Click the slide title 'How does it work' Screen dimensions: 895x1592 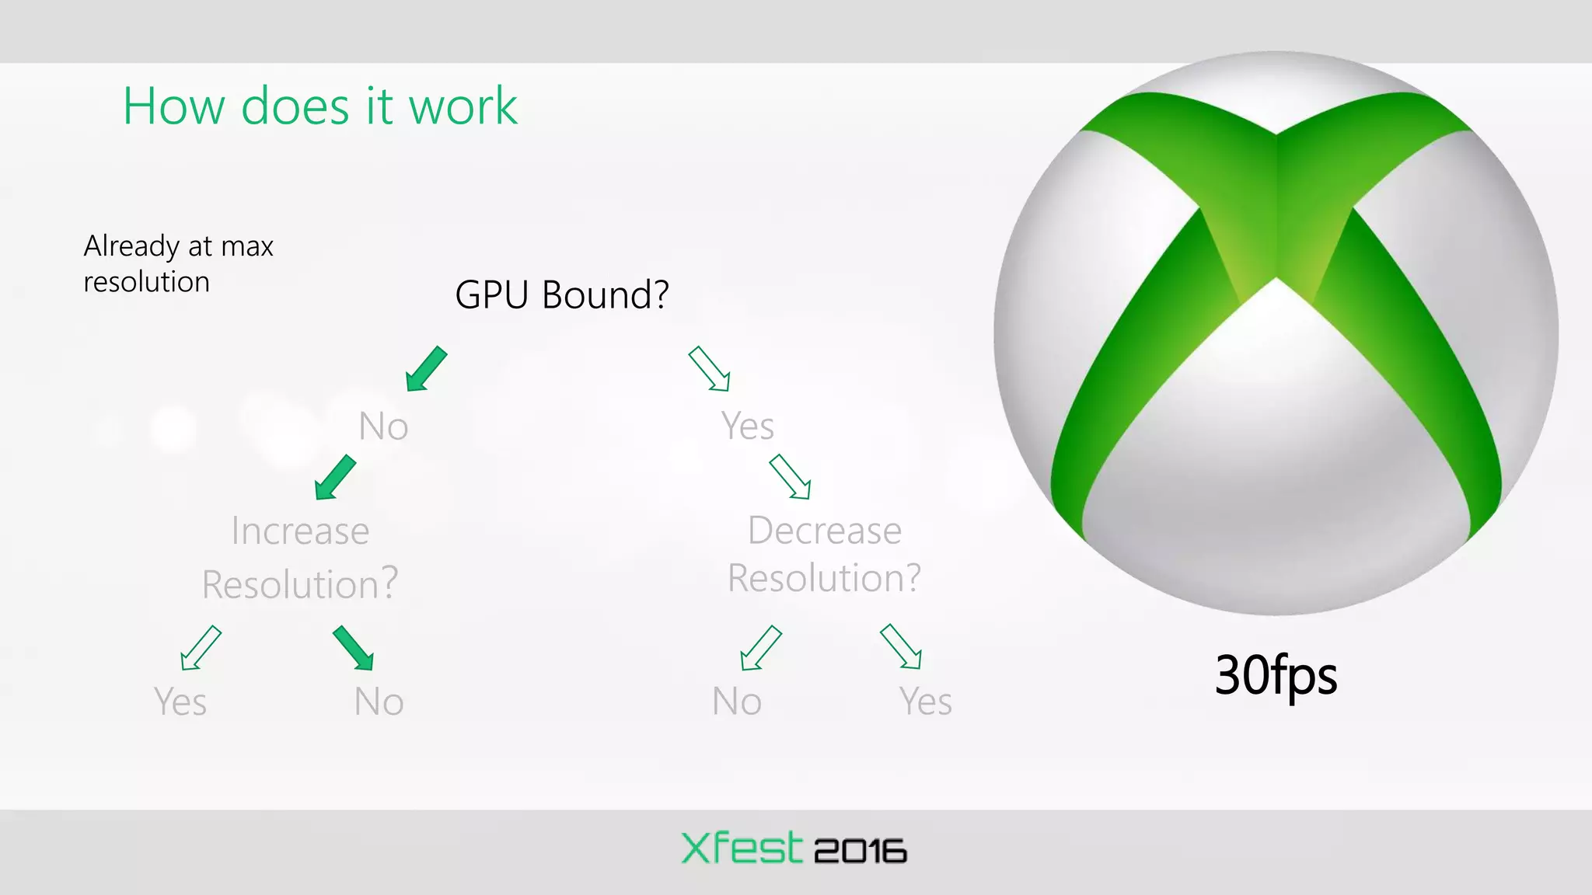click(319, 106)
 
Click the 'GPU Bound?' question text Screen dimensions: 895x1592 click(561, 294)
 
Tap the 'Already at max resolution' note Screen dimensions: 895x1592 click(178, 263)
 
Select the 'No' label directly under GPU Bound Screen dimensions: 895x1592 click(383, 426)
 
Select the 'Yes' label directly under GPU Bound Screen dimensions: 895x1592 click(747, 426)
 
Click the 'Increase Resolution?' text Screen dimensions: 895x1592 click(300, 557)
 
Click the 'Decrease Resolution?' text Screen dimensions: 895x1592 click(824, 554)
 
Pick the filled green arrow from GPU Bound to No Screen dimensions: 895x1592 click(426, 369)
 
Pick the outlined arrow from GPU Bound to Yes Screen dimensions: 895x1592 click(709, 369)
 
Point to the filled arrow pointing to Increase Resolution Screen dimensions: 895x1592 click(335, 478)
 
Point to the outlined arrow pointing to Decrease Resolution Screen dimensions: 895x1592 click(790, 477)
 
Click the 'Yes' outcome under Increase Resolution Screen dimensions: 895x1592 click(180, 702)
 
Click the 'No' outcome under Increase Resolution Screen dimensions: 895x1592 click(379, 702)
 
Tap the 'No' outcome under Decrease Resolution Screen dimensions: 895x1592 click(736, 702)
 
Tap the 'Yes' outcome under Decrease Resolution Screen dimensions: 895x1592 click(925, 702)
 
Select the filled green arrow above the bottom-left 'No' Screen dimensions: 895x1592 click(353, 648)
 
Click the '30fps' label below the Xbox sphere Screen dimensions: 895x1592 click(1276, 674)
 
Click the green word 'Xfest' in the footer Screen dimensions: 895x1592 click(741, 848)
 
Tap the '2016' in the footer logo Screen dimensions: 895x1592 click(860, 851)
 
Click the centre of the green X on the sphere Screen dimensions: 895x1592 click(1276, 233)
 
